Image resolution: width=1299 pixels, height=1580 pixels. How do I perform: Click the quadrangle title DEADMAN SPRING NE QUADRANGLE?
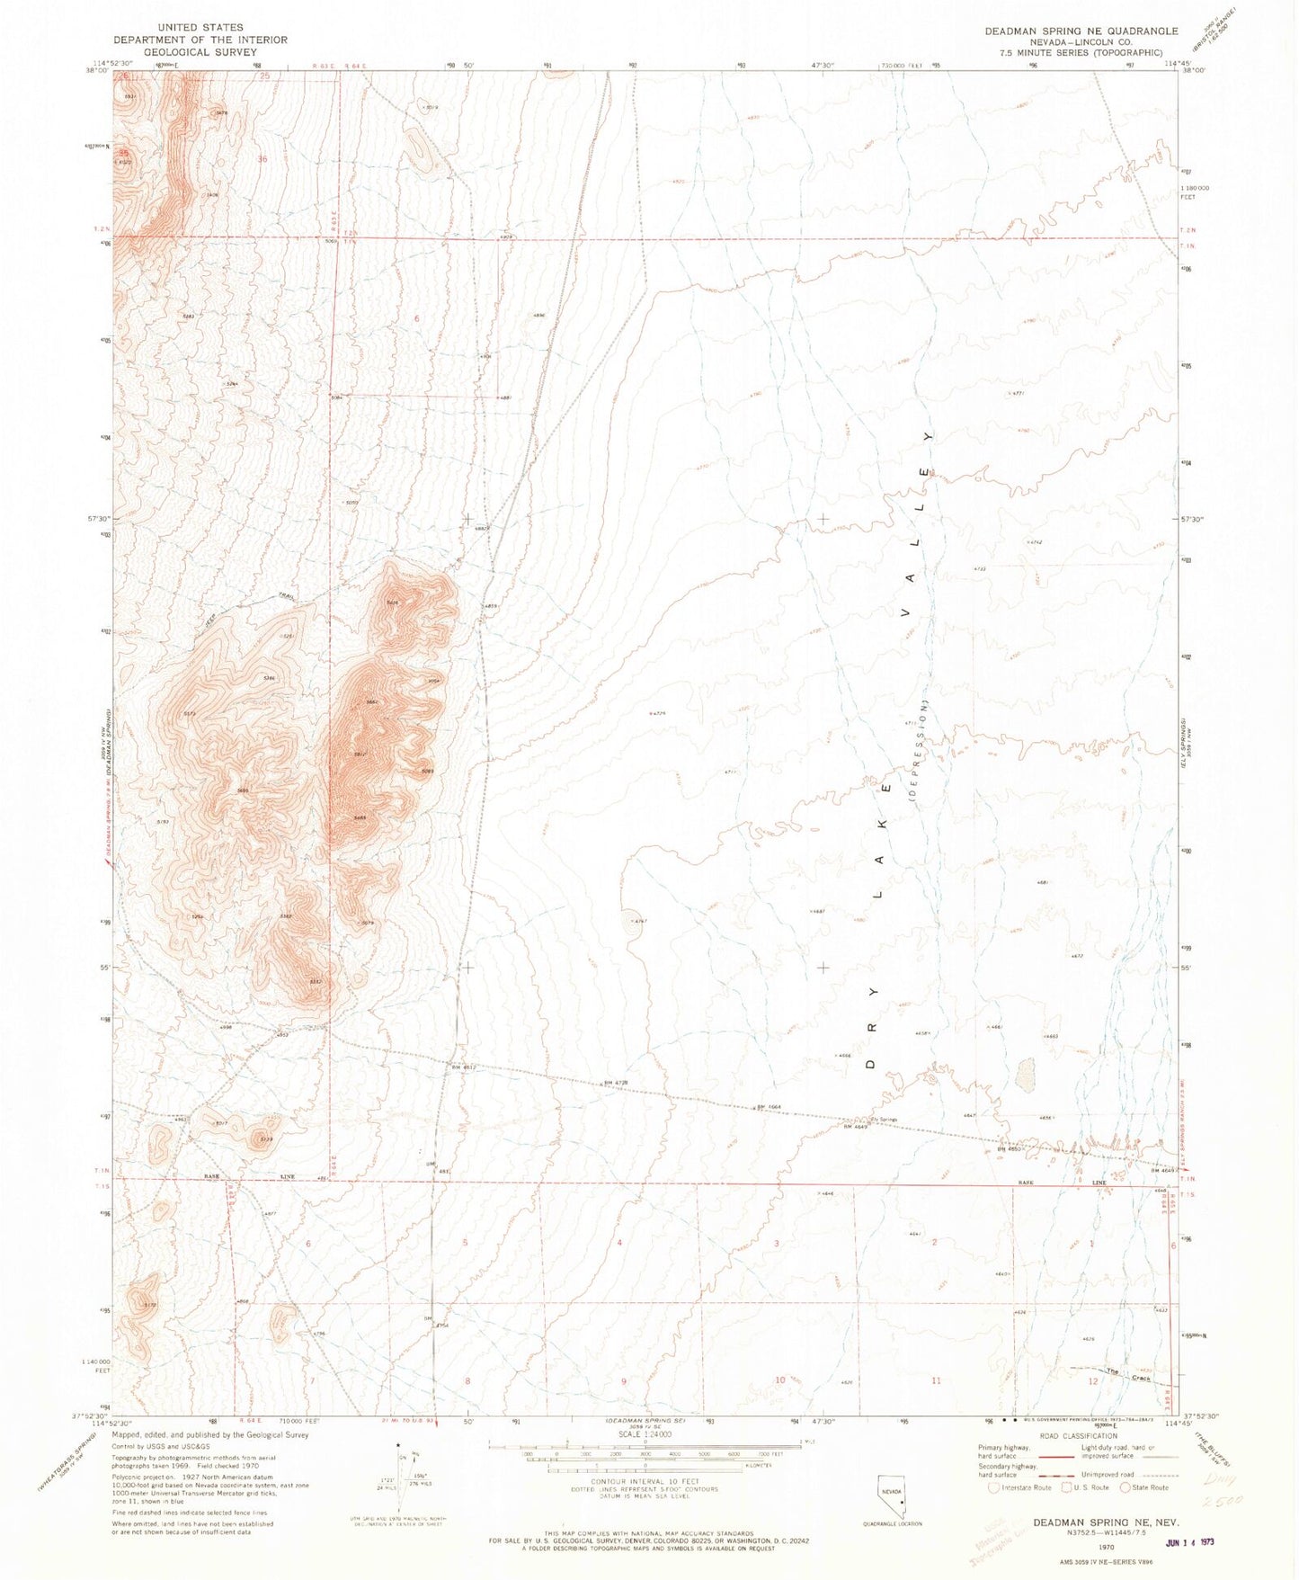coord(1081,31)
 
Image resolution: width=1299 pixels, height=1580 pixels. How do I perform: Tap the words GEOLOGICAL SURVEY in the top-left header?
coord(200,52)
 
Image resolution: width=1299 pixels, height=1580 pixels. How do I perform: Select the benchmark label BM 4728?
coord(616,1083)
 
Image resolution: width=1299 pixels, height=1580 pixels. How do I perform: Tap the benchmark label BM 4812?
coord(462,1067)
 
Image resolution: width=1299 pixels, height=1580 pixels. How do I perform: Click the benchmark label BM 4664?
coord(771,1107)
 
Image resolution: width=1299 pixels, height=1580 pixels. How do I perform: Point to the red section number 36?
coord(262,159)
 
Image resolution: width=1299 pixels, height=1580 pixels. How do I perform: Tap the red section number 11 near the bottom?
coord(936,1380)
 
